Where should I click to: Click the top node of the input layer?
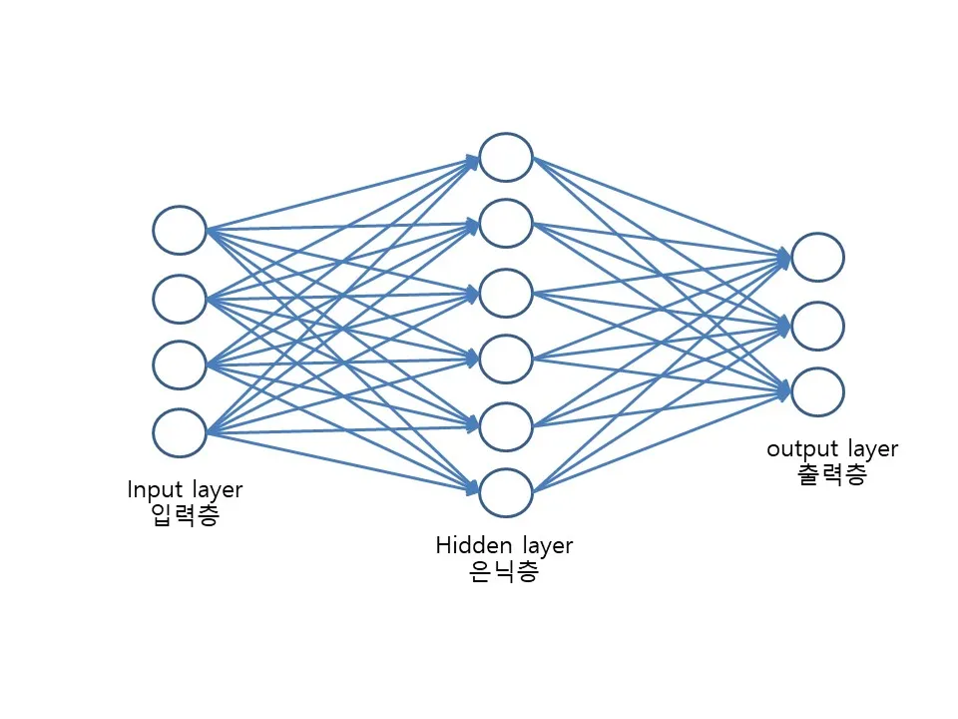180,230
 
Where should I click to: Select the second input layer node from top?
180,299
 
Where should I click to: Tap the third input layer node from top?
180,365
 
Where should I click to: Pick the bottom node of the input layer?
180,432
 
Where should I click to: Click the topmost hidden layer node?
506,157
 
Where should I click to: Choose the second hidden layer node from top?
506,223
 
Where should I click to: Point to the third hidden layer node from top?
506,294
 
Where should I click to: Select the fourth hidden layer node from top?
506,359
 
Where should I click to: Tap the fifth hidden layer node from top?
506,426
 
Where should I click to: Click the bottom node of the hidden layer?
506,492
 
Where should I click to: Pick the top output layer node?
818,257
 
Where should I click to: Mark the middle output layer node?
818,326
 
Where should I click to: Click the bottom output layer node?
818,391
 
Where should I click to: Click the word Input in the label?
156,490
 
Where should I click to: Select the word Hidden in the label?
474,545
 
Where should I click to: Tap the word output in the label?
802,450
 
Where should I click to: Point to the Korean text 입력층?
185,515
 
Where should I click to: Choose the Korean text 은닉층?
504,571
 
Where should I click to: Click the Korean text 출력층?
832,474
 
